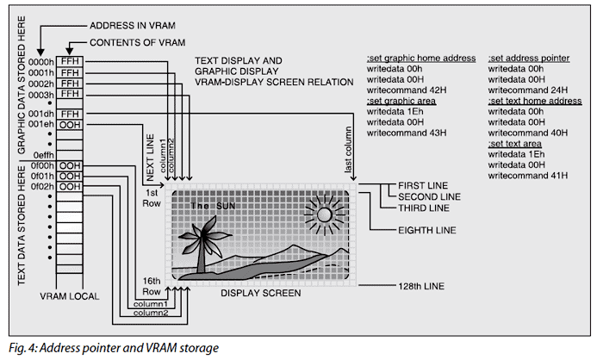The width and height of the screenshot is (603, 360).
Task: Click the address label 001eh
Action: click(42, 124)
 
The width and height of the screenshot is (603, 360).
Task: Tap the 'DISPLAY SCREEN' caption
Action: click(261, 294)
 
